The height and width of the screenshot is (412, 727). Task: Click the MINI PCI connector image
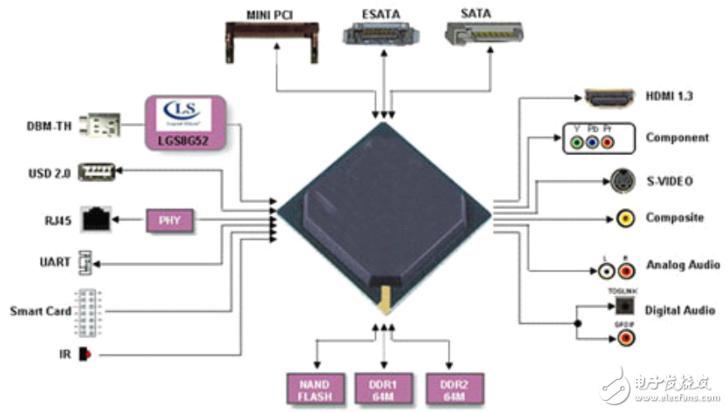[272, 38]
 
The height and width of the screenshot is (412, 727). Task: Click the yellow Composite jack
[625, 220]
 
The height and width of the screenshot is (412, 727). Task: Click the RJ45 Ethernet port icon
[95, 218]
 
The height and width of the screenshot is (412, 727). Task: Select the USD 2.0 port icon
[98, 172]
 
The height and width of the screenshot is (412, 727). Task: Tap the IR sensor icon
[84, 355]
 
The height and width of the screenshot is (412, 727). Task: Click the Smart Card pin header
[87, 311]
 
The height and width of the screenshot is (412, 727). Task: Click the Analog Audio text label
[683, 264]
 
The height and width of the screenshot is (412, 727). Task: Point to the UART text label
[54, 262]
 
